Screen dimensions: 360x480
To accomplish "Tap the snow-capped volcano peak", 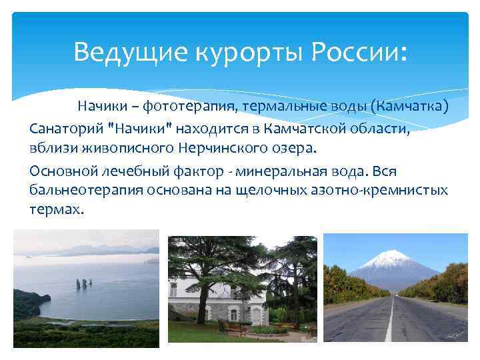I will coord(392,259).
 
